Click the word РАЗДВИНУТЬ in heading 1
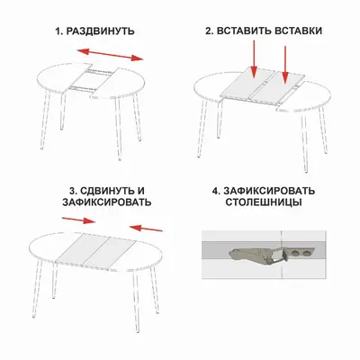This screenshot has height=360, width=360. pos(100,31)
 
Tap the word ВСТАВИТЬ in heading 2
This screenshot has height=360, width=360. pos(242,31)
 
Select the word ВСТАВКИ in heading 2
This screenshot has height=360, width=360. pos(297,31)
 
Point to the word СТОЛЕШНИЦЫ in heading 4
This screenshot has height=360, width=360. pos(264,202)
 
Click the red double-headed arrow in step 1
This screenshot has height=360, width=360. pos(111,55)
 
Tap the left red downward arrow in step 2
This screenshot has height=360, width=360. pos(254,58)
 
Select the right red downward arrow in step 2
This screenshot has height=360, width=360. pos(285,64)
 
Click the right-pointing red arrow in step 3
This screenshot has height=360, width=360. pos(78,220)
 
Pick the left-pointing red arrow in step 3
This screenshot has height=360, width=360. pos(146,229)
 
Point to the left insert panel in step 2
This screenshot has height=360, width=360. pos(248,83)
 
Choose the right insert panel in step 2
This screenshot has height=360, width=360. pos(278,88)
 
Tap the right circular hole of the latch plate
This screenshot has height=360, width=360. pos(306,254)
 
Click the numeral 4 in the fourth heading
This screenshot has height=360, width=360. pos(215,191)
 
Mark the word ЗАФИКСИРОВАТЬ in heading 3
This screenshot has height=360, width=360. pos(107,202)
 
